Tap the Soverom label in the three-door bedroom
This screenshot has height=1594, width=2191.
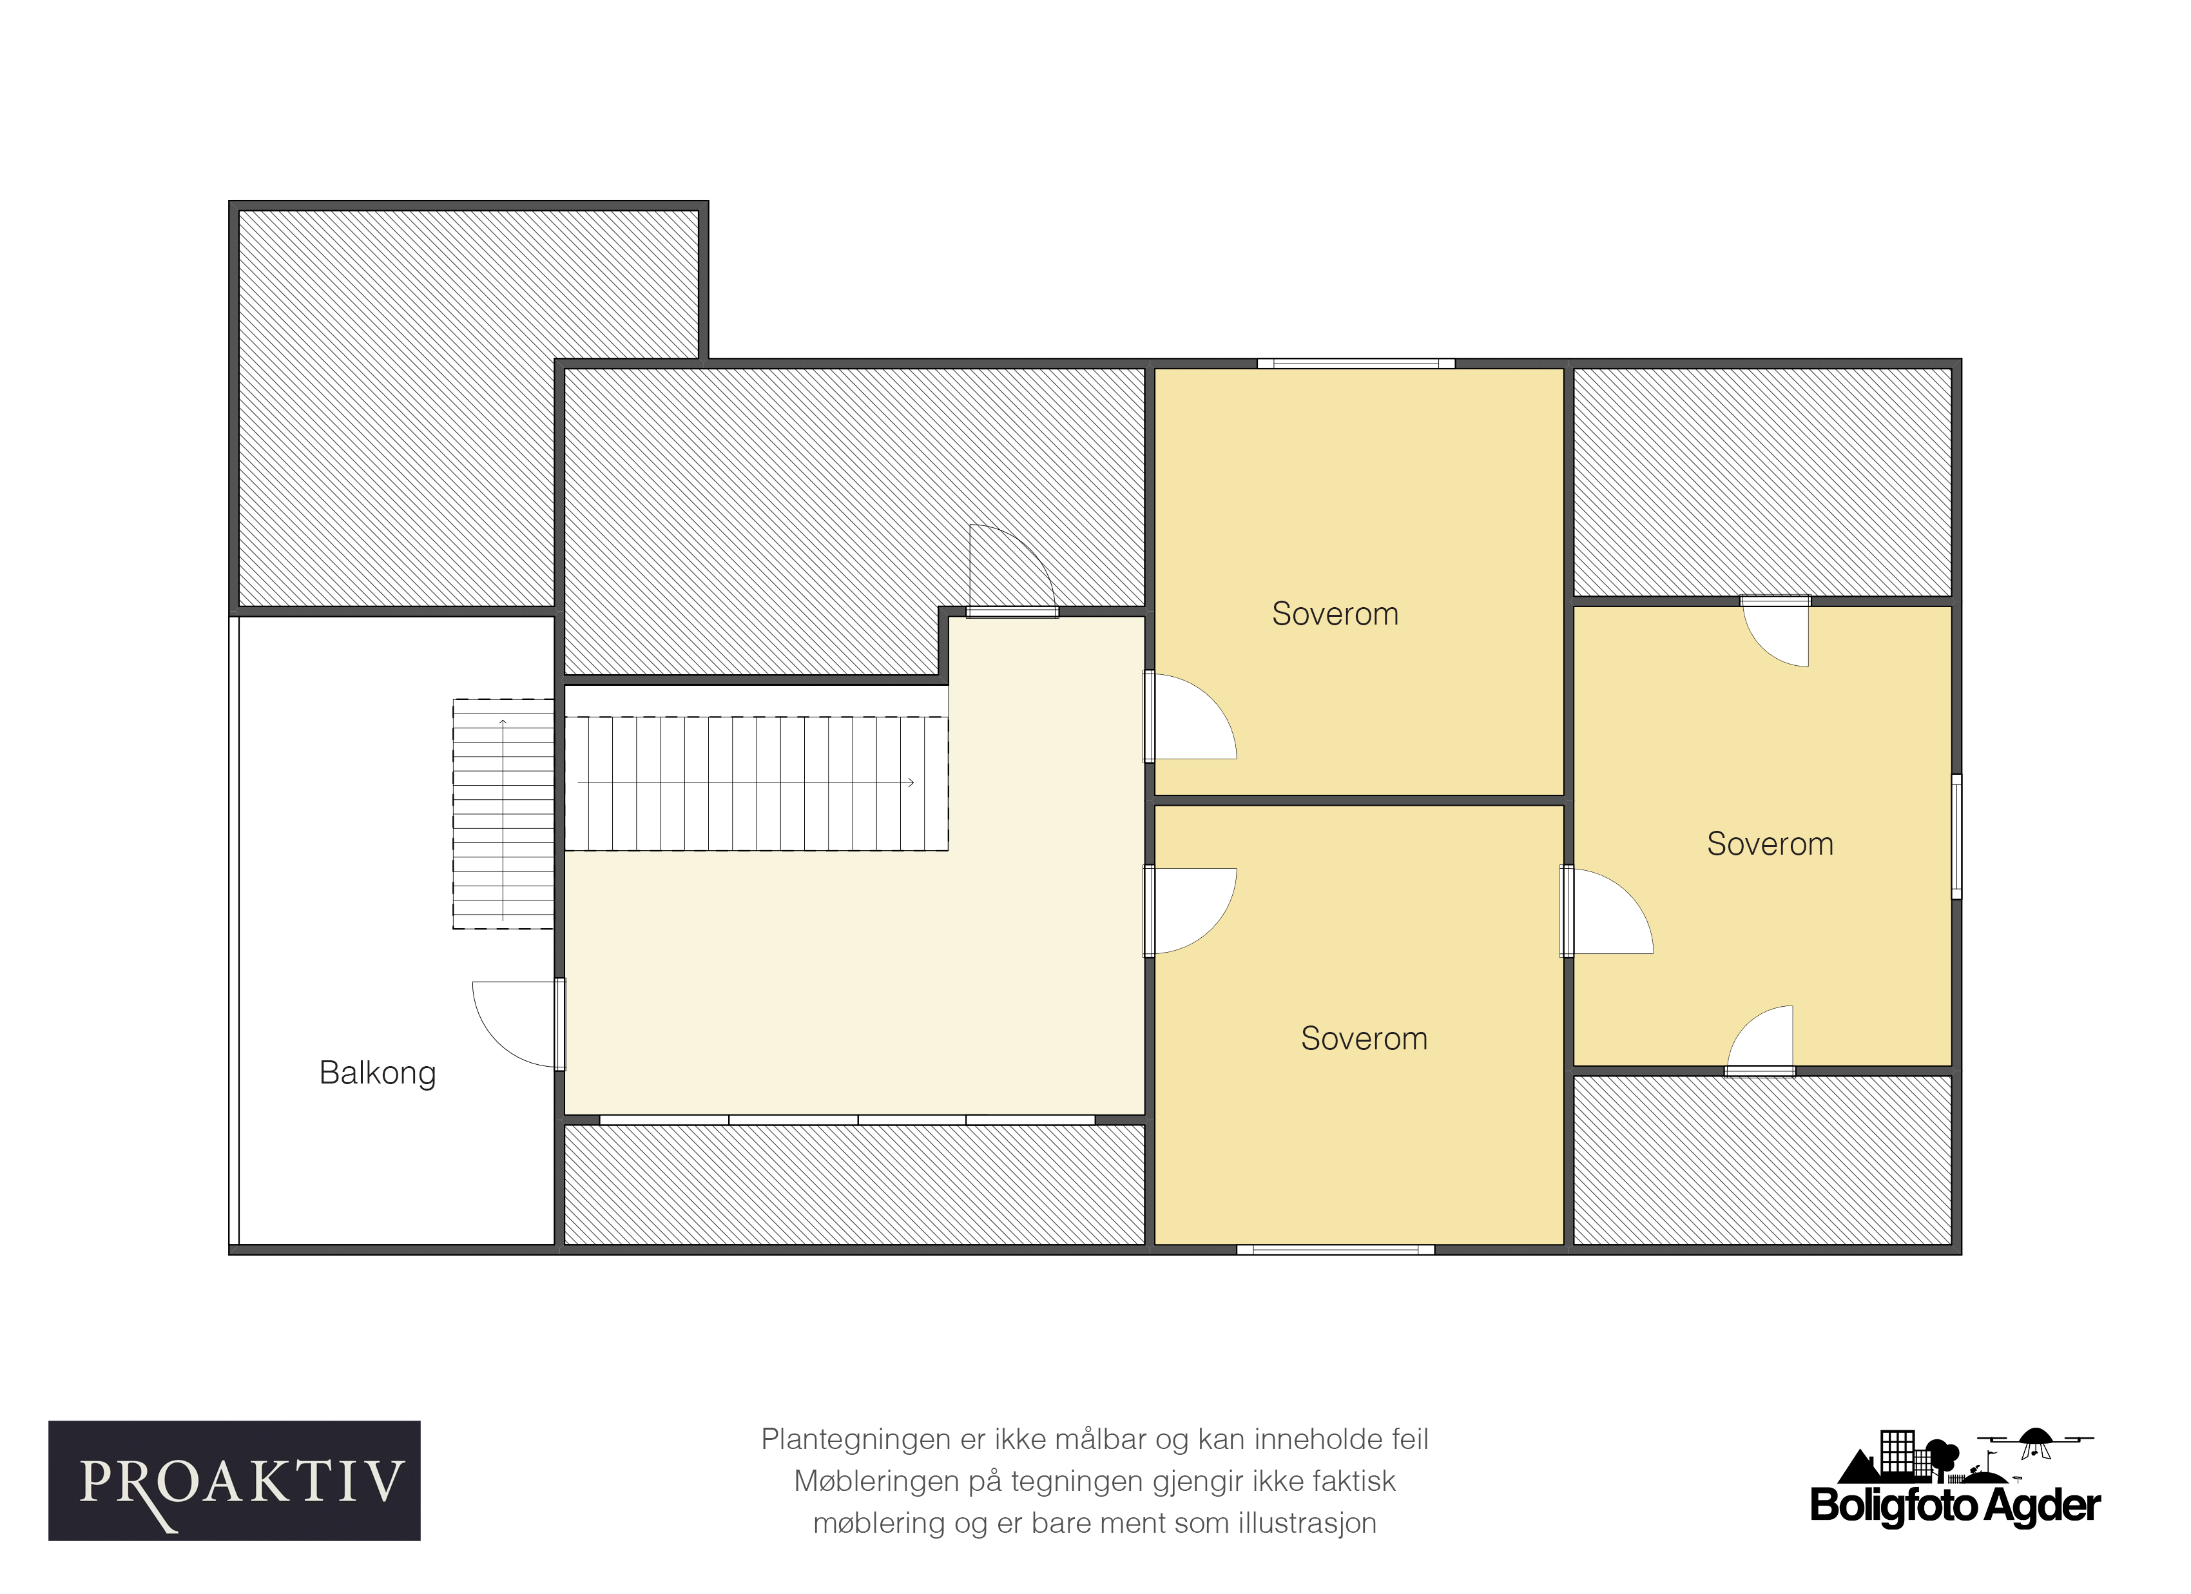point(1770,844)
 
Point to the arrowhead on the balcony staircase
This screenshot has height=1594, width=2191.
point(503,723)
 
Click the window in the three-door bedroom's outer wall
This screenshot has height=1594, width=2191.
point(1956,837)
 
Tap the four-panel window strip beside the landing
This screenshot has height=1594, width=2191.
point(847,1120)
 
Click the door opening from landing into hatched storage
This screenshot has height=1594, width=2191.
point(1012,570)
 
